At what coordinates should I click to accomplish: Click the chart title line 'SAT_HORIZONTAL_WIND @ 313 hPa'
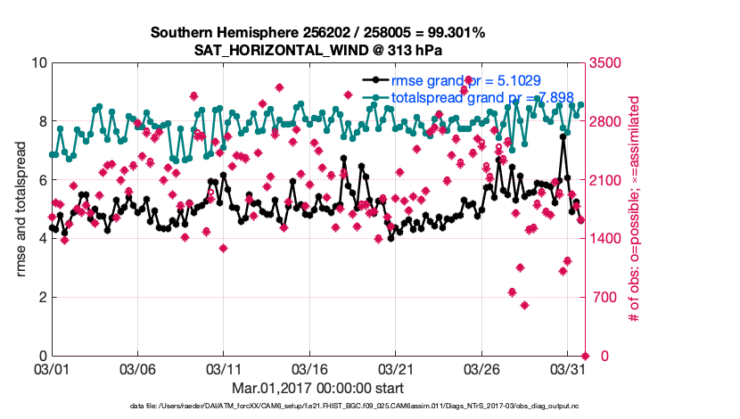(318, 50)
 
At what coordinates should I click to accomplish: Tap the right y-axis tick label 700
(602, 297)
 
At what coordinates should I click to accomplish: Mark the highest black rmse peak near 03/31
(563, 137)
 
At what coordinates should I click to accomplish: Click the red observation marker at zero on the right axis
(585, 356)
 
